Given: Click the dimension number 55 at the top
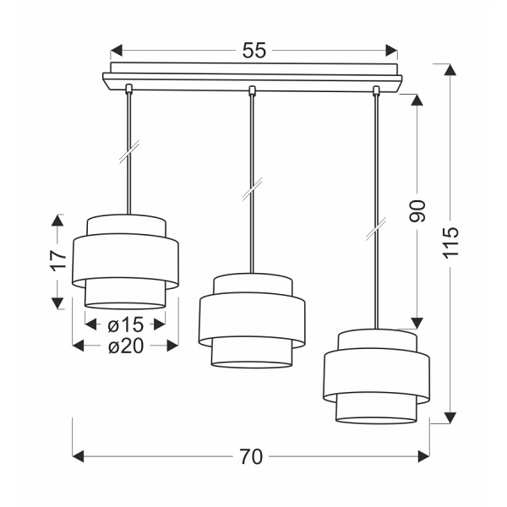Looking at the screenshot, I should tap(253, 50).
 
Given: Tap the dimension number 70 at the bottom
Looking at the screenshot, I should tap(251, 457).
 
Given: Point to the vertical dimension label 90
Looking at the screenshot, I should tap(417, 211).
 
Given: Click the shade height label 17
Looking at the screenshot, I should tap(57, 261).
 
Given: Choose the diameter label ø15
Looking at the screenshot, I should tap(126, 324).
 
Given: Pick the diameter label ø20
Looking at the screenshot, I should tap(126, 345).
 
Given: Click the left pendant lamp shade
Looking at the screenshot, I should tap(125, 262).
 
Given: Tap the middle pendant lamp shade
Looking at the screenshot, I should tap(251, 320).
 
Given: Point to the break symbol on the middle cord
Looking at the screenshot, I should tap(251, 190).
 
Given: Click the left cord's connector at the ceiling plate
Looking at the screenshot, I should tap(127, 90).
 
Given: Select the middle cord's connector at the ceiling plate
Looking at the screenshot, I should tap(251, 90).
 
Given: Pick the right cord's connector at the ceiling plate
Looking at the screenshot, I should tap(377, 90).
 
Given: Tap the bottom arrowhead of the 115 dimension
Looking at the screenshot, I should tap(451, 415).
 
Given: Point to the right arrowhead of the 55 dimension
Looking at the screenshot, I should tap(391, 50).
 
